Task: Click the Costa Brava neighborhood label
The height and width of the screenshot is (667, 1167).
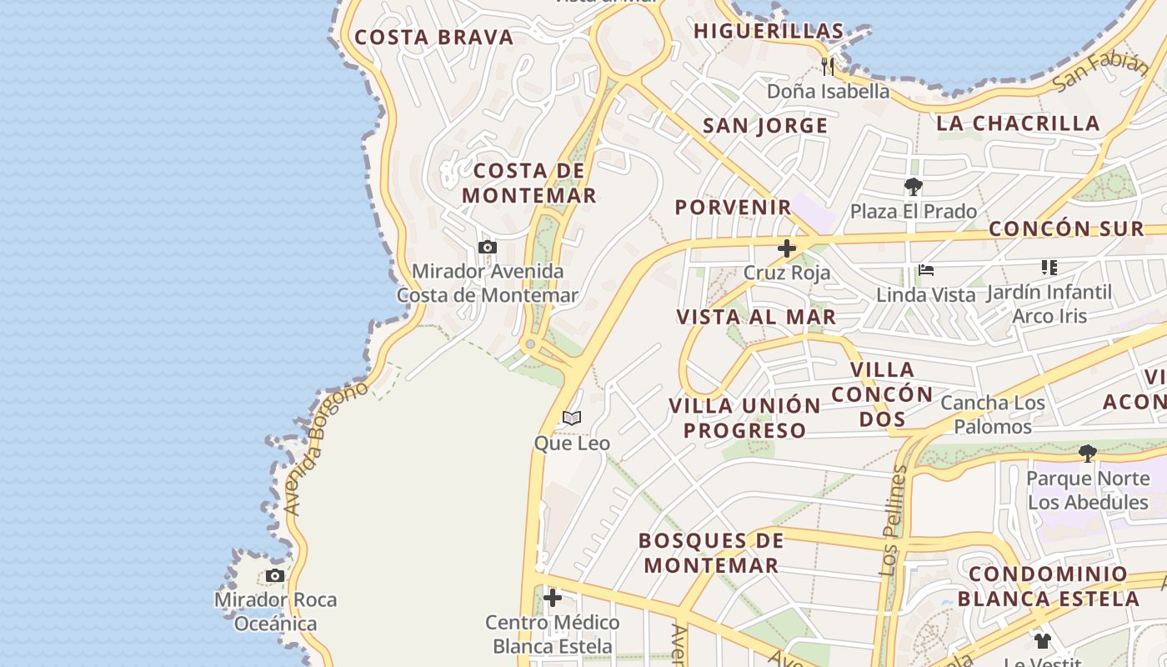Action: pos(434,38)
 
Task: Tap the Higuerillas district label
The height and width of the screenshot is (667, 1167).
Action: pos(769,31)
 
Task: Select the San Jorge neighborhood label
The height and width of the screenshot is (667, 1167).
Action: pos(765,126)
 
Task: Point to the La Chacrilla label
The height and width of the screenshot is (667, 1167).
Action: pos(1018,123)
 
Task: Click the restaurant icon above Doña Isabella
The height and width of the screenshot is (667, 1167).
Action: pos(828,66)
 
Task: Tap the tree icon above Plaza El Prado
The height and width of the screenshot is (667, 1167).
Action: pos(914,187)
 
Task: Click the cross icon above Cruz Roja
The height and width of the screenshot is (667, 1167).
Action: pos(787,248)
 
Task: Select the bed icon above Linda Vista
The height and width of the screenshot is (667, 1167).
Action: pos(925,270)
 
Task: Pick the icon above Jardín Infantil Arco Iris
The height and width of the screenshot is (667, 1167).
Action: pos(1049,268)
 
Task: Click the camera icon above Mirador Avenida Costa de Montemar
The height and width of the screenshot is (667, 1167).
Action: pos(488,247)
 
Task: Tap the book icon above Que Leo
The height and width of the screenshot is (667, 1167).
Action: pos(572,418)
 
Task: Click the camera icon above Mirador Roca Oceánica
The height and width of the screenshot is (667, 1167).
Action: pos(275,575)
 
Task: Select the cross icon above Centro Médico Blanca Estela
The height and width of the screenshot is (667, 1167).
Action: pos(552,598)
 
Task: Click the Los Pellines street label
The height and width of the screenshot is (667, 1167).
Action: pos(893,521)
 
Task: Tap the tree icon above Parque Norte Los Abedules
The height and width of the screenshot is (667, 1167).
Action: pos(1087,454)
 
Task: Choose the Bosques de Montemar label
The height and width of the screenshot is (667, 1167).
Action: pos(711,553)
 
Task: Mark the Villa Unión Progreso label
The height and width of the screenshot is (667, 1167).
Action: pos(744,418)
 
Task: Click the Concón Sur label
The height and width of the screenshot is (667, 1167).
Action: pos(1066,228)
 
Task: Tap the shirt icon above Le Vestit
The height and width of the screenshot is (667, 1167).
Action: pos(1043,641)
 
